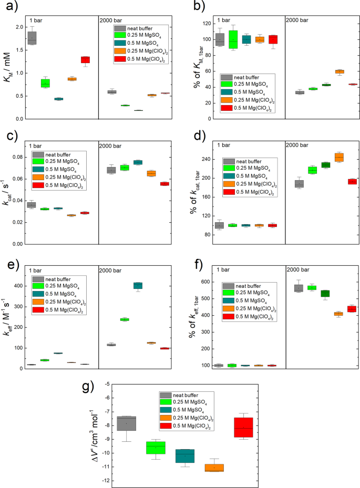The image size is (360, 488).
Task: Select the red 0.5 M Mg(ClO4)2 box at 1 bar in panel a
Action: (85, 60)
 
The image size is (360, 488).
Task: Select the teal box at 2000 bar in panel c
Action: (138, 162)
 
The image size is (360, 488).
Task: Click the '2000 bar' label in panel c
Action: (111, 146)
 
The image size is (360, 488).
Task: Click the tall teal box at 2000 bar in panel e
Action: (138, 285)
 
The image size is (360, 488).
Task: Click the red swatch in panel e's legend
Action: (39, 312)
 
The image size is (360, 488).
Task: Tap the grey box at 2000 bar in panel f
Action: (299, 287)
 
